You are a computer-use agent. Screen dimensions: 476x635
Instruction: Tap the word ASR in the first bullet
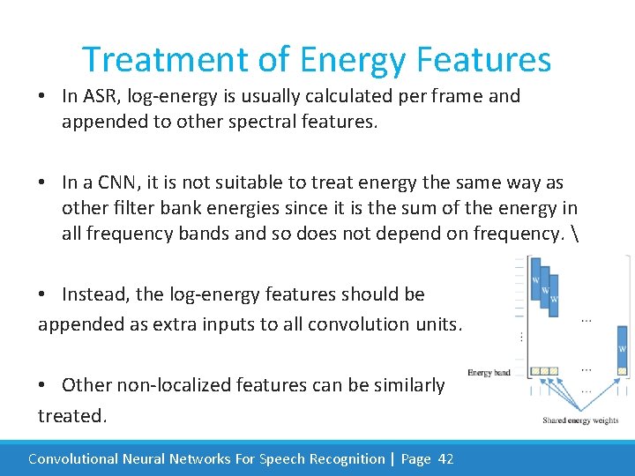tap(100, 96)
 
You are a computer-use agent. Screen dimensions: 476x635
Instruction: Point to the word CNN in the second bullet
tap(119, 182)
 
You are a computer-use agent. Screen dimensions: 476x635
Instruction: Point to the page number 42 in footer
tap(445, 458)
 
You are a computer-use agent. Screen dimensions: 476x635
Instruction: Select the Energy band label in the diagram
tap(489, 373)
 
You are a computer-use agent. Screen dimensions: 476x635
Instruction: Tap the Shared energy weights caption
tap(579, 420)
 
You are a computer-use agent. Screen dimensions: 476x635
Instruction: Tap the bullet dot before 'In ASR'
tap(43, 96)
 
